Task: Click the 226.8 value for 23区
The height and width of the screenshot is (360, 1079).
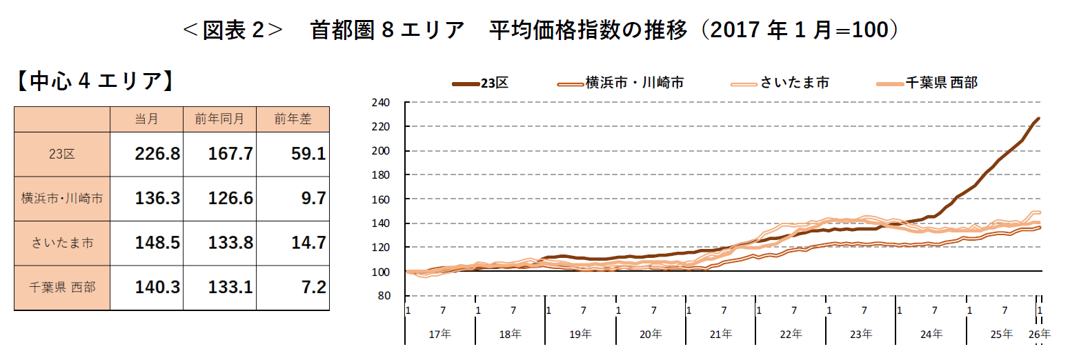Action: (157, 154)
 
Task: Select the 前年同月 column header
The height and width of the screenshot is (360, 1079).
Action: (219, 119)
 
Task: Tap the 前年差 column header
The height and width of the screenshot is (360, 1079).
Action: (293, 119)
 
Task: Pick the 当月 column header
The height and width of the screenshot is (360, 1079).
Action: (146, 119)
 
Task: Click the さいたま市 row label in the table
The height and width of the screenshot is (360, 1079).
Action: (62, 243)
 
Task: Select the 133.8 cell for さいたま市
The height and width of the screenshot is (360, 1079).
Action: (230, 243)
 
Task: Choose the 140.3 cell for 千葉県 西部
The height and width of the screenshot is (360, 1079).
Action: (157, 287)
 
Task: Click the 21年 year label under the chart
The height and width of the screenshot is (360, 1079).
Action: (720, 334)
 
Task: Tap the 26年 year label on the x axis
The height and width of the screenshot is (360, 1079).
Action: (1040, 334)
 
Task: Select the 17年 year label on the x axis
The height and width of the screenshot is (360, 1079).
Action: (440, 334)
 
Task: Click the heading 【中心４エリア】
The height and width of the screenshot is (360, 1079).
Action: (92, 81)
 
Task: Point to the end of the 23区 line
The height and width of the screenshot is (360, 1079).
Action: (1039, 119)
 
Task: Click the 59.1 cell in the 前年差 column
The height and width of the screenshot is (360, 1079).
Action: (309, 154)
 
